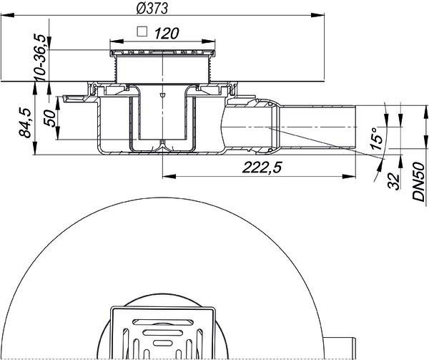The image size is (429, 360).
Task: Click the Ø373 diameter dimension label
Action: (x=152, y=8)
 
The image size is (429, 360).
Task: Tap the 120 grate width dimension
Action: (x=167, y=34)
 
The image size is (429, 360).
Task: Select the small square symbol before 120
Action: (x=142, y=31)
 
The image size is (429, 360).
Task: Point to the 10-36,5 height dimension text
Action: (x=39, y=57)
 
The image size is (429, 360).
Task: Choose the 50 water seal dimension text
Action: (x=50, y=118)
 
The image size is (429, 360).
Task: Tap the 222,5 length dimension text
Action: (x=262, y=167)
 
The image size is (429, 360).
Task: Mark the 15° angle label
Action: (x=376, y=138)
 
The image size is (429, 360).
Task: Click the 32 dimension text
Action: (x=394, y=181)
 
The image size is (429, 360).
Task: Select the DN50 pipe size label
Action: (x=418, y=181)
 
